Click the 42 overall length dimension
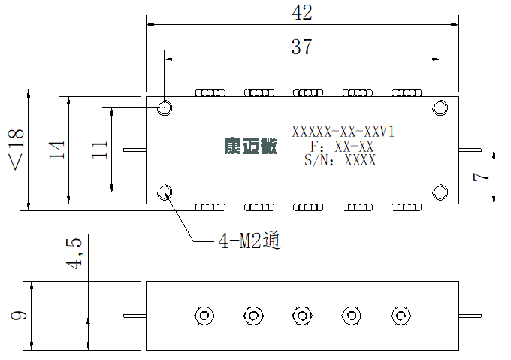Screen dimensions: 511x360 302,13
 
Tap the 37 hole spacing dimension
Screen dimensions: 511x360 302,47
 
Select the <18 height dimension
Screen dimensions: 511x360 17,150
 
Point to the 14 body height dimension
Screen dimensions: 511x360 56,150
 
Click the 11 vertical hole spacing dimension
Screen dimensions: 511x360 99,150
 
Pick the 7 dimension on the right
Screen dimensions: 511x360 481,177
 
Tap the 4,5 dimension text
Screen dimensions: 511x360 74,254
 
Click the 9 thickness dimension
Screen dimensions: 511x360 19,316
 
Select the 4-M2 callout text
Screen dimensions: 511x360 249,241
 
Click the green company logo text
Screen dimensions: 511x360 250,146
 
